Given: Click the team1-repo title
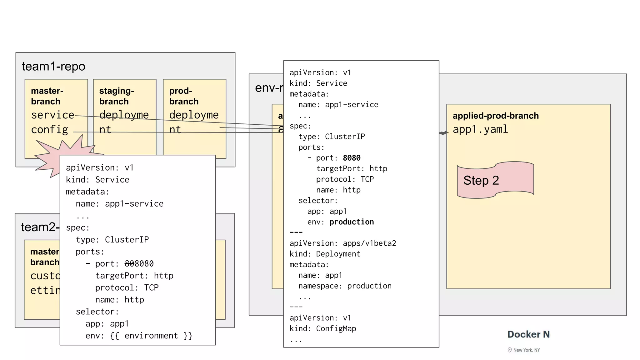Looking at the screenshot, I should point(53,67).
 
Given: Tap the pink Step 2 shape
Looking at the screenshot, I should point(495,180).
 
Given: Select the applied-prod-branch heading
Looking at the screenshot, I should point(496,116).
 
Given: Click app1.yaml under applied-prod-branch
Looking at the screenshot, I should point(480,129).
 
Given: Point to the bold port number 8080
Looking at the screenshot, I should point(352,158).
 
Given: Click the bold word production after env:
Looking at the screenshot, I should point(352,222).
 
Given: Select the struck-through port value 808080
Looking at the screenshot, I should point(139,264).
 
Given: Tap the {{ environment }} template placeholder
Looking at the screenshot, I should point(151,336).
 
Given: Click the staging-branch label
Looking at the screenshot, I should point(117,96).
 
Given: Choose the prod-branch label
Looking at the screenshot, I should point(184,96).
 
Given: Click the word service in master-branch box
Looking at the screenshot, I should point(52,115).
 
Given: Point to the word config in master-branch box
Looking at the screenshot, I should point(49,130).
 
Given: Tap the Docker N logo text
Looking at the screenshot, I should point(528,334).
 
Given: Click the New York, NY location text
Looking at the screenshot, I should point(526,350).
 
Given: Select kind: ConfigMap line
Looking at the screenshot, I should point(322,329).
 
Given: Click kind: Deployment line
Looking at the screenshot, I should point(325,254).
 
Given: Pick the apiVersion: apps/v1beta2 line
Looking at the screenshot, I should point(342,243).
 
